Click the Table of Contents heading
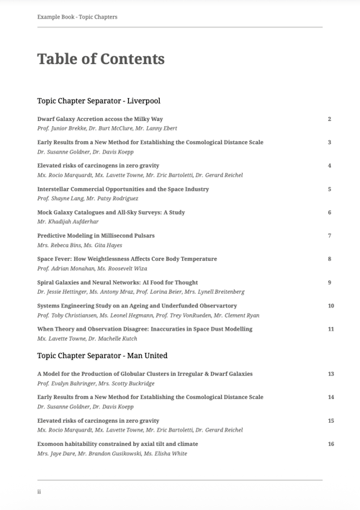click(101, 59)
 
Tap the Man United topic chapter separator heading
click(102, 355)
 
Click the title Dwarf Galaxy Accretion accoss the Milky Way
click(100, 119)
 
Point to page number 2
click(329, 119)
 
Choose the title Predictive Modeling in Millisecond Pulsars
click(96, 236)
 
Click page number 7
click(329, 236)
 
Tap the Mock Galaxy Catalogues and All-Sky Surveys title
click(111, 212)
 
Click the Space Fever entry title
click(127, 259)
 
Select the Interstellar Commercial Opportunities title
click(123, 189)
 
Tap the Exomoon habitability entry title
click(117, 444)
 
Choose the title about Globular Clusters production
click(145, 374)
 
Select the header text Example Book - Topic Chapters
click(77, 17)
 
